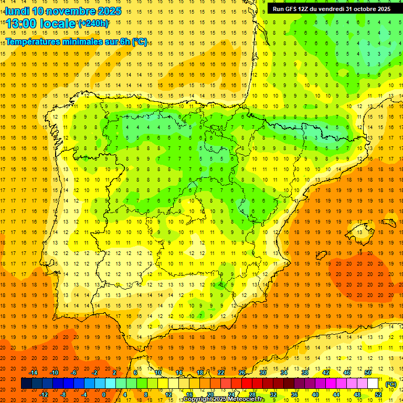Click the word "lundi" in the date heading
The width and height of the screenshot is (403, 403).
[x=17, y=11]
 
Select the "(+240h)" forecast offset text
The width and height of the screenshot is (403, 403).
[x=93, y=24]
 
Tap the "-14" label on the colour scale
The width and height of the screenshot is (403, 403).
[x=33, y=373]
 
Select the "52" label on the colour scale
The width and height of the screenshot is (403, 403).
[x=378, y=395]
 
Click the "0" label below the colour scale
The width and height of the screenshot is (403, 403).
[x=104, y=395]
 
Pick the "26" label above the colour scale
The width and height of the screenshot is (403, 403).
[x=242, y=373]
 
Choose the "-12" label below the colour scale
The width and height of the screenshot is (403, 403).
[x=44, y=395]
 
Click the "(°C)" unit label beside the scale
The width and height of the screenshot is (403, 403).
[x=390, y=384]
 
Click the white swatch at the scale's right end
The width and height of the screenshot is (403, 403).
[x=373, y=384]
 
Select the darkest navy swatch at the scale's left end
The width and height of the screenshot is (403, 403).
[x=26, y=384]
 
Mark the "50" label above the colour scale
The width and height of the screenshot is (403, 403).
[x=368, y=373]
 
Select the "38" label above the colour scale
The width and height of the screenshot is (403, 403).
[x=305, y=373]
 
